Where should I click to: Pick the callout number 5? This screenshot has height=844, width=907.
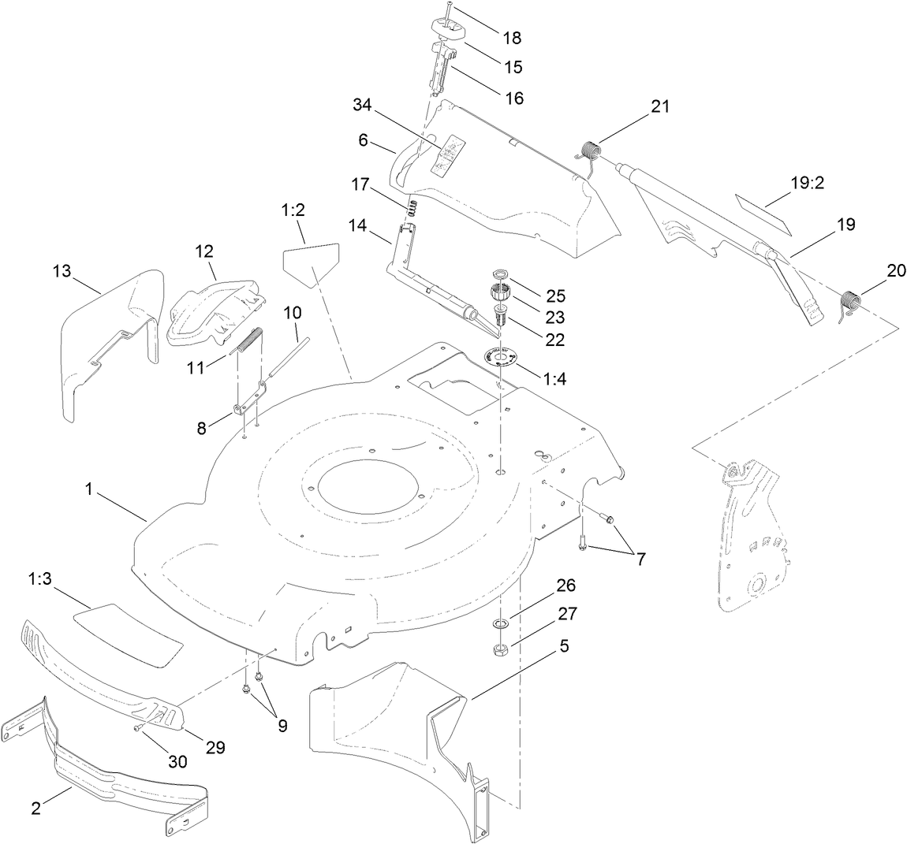(564, 645)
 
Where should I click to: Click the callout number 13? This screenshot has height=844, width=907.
(62, 272)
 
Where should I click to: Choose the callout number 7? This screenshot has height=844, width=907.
(640, 560)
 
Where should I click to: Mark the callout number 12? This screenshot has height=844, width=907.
(204, 251)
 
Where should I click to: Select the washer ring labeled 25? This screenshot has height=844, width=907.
(498, 273)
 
